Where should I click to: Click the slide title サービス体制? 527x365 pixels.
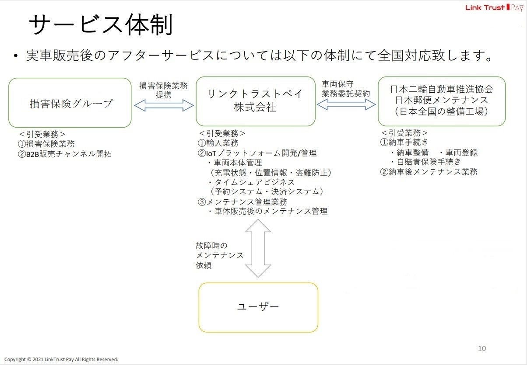click(100, 25)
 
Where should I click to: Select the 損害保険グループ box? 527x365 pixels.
click(70, 103)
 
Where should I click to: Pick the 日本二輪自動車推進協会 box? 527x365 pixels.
click(442, 101)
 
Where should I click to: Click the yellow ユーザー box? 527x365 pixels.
click(258, 307)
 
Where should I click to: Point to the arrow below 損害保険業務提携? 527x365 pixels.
click(164, 105)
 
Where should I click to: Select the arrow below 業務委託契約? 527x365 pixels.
click(346, 104)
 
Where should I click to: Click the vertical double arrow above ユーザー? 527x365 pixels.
click(258, 248)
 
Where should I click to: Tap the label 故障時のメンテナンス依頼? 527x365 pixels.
click(219, 255)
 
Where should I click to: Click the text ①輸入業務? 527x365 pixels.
click(218, 143)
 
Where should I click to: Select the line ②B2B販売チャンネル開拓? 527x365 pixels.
click(65, 153)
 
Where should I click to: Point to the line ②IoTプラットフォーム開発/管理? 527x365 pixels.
click(257, 153)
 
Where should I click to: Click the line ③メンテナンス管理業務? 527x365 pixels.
click(242, 202)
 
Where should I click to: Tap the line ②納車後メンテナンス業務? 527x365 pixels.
click(429, 172)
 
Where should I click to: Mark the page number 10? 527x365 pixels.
click(481, 348)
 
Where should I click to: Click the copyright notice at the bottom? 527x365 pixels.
click(61, 359)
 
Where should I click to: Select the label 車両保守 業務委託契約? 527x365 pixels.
click(346, 89)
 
